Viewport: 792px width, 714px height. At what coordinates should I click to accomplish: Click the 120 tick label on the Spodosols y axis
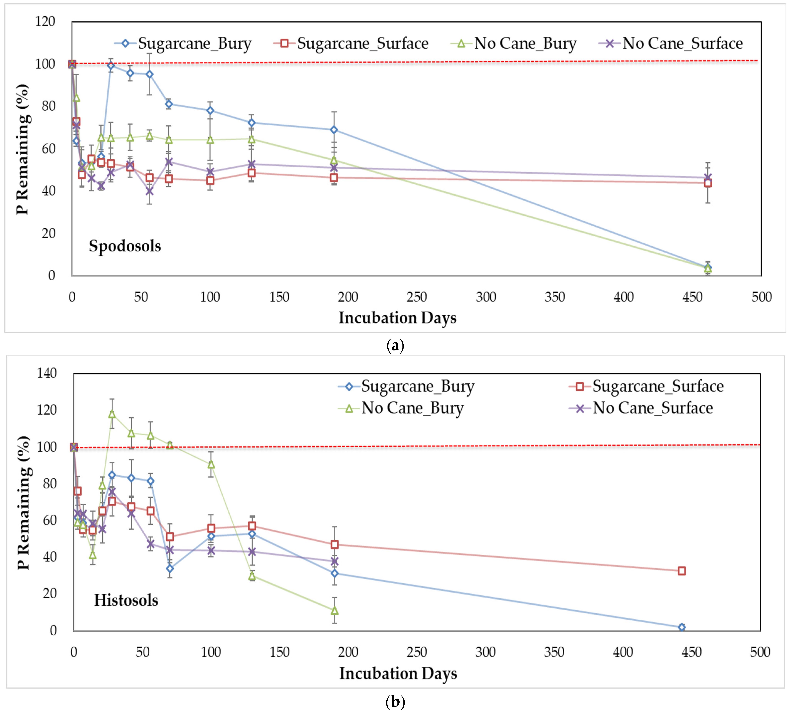pyautogui.click(x=45, y=22)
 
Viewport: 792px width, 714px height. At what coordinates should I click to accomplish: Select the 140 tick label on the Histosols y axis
pyautogui.click(x=47, y=373)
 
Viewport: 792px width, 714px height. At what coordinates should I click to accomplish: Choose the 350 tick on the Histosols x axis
pyautogui.click(x=554, y=652)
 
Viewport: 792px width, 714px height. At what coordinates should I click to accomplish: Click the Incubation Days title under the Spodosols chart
pyautogui.click(x=397, y=318)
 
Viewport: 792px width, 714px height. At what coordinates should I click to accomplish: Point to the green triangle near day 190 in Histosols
pyautogui.click(x=334, y=611)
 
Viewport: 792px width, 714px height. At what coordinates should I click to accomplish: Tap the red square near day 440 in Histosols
pyautogui.click(x=682, y=571)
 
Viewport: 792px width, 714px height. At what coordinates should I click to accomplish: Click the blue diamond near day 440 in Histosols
pyautogui.click(x=682, y=627)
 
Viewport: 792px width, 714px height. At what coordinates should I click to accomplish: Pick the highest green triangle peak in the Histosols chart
pyautogui.click(x=112, y=414)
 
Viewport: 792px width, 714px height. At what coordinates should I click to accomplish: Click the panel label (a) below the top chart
pyautogui.click(x=395, y=346)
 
